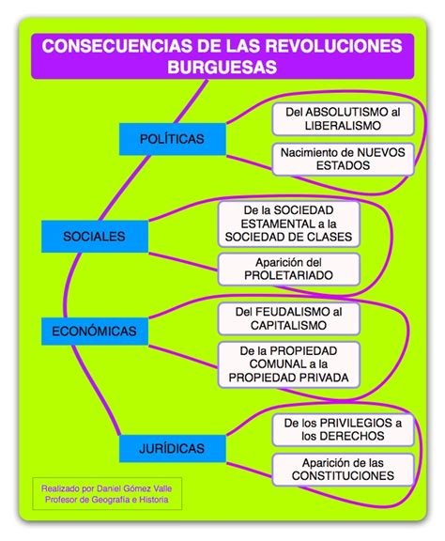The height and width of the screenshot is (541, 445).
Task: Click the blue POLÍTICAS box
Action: pos(173,139)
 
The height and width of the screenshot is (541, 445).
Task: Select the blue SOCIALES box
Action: pos(95,237)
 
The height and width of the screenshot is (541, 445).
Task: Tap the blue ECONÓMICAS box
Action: pos(95,332)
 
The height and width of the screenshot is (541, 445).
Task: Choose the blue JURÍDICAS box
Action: pos(173,448)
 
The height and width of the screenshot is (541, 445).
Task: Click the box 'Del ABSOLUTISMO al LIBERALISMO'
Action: pos(343,119)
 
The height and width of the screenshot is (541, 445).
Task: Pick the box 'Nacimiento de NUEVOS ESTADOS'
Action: pos(343,159)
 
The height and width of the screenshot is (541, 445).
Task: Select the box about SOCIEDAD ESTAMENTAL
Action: pos(289,224)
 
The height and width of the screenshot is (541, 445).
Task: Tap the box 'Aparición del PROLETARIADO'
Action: pos(289,270)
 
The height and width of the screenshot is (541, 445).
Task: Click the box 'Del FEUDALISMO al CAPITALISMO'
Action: pos(289,318)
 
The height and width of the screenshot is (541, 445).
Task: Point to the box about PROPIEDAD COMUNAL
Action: pos(289,364)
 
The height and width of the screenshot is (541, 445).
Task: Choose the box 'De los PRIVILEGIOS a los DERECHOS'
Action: pos(343,429)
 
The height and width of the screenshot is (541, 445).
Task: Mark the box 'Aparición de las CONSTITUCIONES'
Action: pos(343,470)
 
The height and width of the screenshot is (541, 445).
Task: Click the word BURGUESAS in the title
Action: pos(222,67)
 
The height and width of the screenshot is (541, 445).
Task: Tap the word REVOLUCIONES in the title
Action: pos(334,46)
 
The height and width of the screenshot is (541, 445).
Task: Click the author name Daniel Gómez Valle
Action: pos(134,488)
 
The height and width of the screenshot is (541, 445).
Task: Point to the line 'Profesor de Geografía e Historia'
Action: pos(107,500)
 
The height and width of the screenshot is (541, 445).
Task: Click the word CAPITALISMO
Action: pos(289,325)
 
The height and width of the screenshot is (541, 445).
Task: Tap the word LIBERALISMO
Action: pos(343,126)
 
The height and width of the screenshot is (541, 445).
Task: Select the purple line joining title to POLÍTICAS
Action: pos(192,101)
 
